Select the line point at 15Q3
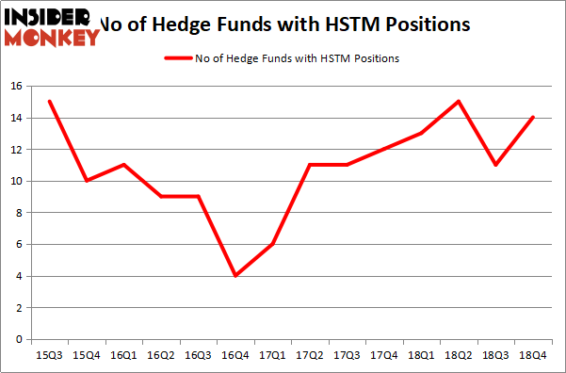49,102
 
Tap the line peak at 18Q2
460,102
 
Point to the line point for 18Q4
534,118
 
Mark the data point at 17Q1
273,244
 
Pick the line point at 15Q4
87,181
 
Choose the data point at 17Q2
310,165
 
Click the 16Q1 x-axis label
123,355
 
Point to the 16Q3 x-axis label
199,355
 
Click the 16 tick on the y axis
16,86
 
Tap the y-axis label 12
16,149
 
